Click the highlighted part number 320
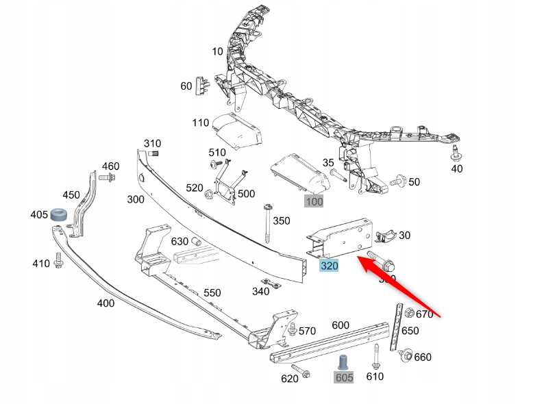coord(330,265)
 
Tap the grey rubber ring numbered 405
coord(60,215)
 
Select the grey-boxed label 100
coord(314,201)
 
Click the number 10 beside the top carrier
coord(217,51)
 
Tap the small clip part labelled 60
coord(203,85)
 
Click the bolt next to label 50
coord(397,181)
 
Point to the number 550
coord(212,292)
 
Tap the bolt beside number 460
coord(106,178)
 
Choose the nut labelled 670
coord(410,314)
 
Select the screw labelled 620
coord(305,373)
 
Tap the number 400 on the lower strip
coord(106,303)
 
